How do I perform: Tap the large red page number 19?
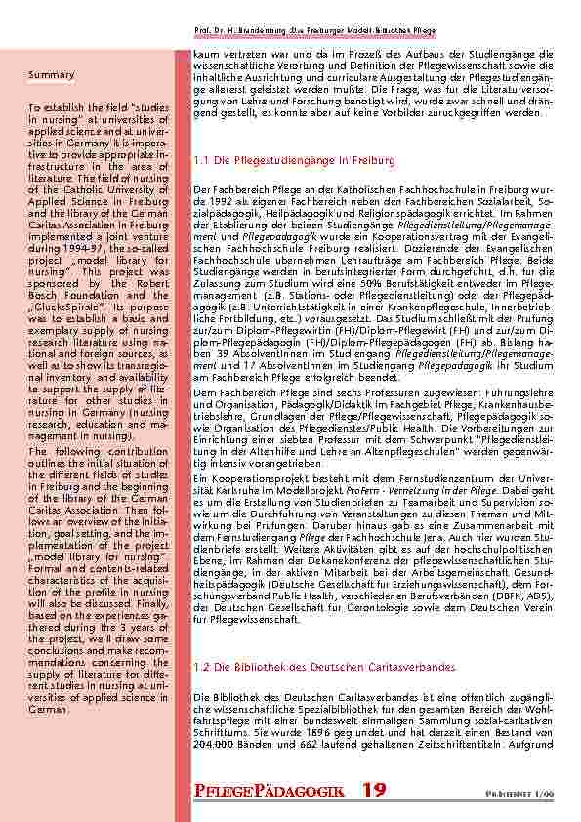click(374, 789)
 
